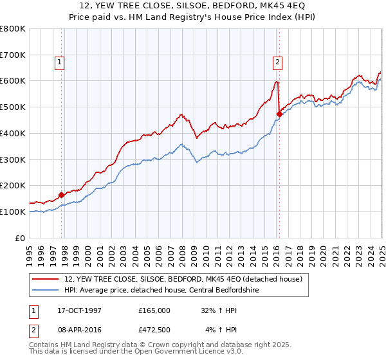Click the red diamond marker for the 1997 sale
coord(62,195)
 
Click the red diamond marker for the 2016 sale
coord(279,114)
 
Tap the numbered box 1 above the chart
coord(59,62)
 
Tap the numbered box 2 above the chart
coord(277,62)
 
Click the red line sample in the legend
coord(47,278)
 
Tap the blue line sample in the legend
coord(47,289)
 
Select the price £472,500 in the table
coord(155,330)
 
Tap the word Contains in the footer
coord(45,345)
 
